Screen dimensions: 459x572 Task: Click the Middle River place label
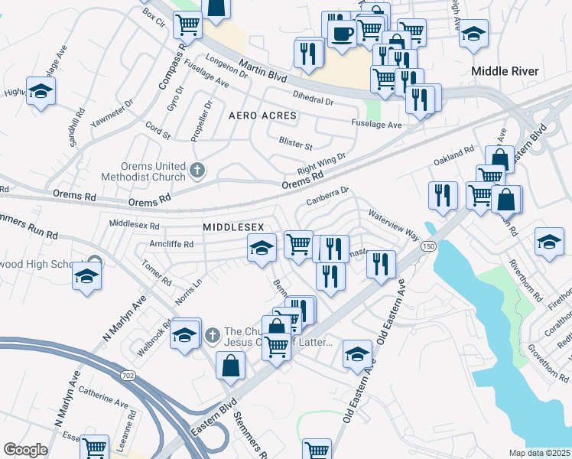(505, 71)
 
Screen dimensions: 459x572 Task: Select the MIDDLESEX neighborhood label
(233, 228)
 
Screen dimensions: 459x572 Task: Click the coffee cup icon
(341, 33)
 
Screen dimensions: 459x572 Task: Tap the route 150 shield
(429, 246)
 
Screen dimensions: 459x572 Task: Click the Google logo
(24, 450)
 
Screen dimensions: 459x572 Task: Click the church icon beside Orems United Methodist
(197, 170)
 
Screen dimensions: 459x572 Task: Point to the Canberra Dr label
(327, 196)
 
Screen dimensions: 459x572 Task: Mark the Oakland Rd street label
(454, 158)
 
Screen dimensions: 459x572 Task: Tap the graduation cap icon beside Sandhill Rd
(41, 91)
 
